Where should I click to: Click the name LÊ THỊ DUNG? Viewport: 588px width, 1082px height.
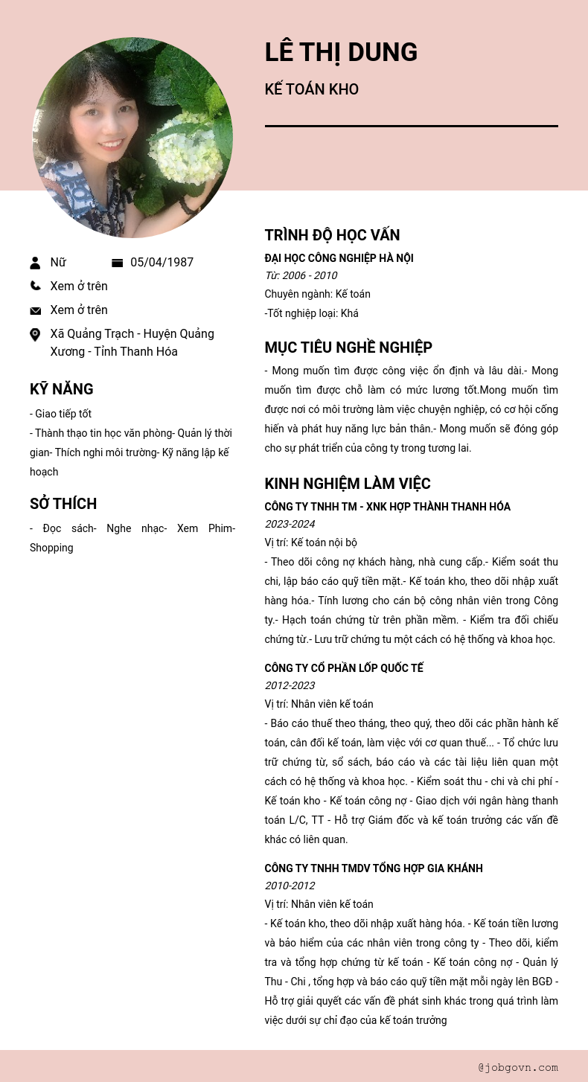click(341, 52)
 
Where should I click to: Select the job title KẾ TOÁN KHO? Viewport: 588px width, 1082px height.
click(311, 89)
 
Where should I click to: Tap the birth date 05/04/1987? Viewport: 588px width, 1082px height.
click(162, 263)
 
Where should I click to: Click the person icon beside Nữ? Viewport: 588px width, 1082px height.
click(35, 263)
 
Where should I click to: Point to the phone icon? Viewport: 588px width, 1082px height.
click(35, 286)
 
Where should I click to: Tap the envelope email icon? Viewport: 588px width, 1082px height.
click(35, 310)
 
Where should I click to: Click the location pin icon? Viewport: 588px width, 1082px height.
click(35, 335)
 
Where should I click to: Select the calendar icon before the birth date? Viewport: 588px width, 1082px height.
click(117, 263)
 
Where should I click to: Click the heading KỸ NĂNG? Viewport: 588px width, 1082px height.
click(61, 389)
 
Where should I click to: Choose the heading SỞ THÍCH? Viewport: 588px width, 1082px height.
click(63, 504)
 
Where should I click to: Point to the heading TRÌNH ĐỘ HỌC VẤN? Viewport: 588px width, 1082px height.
click(332, 235)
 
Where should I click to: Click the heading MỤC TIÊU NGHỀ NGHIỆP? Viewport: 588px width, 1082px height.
click(348, 348)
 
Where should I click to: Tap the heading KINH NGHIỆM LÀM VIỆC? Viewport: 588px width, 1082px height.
click(348, 484)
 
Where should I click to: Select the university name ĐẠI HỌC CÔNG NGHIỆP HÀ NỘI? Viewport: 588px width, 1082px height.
click(339, 258)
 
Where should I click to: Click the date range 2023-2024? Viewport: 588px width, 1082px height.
click(290, 524)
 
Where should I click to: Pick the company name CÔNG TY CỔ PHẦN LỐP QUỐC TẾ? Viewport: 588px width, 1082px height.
click(344, 668)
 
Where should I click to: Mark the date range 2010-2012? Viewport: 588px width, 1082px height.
click(290, 886)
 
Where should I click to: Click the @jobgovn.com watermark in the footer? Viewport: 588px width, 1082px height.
click(518, 1067)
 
